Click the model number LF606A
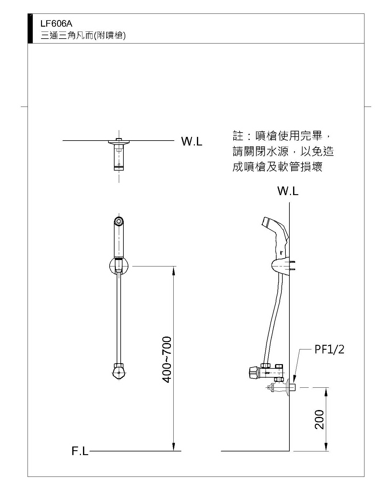point(56,24)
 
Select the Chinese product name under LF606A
point(83,36)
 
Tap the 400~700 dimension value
point(167,360)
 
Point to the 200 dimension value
point(319,419)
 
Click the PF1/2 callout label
point(329,349)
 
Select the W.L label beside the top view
point(192,141)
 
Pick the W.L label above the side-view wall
point(288,191)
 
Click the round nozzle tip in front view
point(119,221)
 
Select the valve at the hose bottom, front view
point(119,371)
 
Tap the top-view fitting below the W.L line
point(119,155)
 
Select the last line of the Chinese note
point(277,167)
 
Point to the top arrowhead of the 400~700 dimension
point(174,269)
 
